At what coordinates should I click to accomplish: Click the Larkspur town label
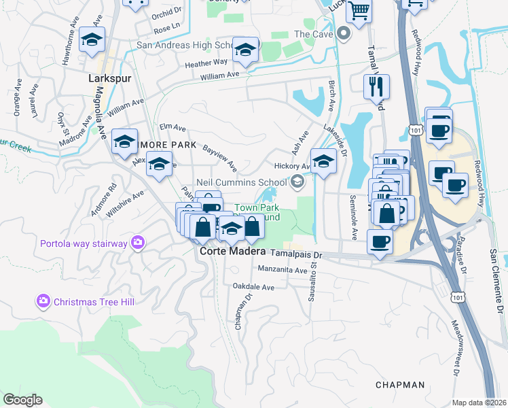(x=109, y=78)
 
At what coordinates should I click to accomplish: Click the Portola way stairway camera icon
(x=138, y=242)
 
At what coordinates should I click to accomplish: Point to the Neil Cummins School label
(x=241, y=182)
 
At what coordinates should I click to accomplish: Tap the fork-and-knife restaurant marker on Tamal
(x=376, y=87)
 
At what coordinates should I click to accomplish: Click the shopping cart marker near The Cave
(x=358, y=10)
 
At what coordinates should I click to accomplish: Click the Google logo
(x=22, y=400)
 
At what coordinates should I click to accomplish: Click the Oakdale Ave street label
(x=253, y=288)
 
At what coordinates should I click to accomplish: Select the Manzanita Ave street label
(x=283, y=270)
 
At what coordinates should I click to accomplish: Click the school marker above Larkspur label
(x=92, y=40)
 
